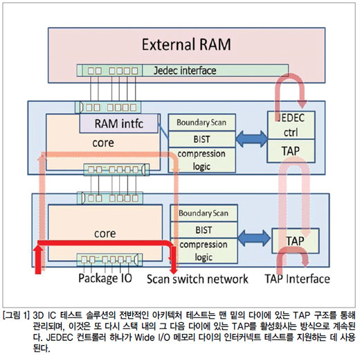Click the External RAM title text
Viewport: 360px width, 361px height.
pos(186,44)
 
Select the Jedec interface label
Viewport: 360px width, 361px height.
pos(185,71)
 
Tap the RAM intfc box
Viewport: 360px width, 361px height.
pos(119,123)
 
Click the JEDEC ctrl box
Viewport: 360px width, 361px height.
pos(291,125)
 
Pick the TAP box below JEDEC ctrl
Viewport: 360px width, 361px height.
pos(291,151)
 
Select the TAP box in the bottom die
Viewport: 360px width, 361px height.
pos(296,240)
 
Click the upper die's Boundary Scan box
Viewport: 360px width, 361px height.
pos(201,123)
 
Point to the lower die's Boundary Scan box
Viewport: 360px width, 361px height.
pos(204,213)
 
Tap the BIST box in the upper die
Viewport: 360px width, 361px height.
pos(201,139)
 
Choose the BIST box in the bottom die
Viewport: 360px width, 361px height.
pos(204,230)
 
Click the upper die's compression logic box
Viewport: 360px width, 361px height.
pos(201,160)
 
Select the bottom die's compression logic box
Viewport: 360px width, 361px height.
pos(204,251)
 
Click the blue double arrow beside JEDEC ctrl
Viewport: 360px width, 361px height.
pos(251,139)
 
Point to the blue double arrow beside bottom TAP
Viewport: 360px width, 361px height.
pos(254,238)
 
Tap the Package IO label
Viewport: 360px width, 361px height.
pos(105,278)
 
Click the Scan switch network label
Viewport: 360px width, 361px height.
pos(197,279)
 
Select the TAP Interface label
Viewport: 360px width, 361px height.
pos(297,279)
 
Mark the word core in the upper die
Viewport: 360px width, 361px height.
pos(103,143)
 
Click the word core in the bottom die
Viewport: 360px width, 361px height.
pos(105,234)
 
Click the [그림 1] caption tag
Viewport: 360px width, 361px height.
pos(16,315)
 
